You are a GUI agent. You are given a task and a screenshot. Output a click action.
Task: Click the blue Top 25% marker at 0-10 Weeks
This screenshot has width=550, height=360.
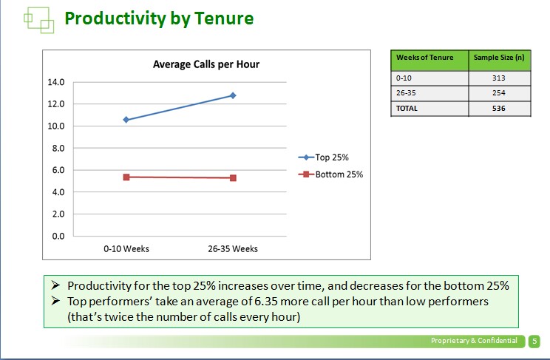click(x=126, y=120)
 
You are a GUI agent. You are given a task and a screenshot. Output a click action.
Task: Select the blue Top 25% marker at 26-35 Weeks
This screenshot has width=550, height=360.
click(x=233, y=95)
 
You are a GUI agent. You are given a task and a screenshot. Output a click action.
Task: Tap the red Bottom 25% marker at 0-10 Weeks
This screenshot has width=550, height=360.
click(x=126, y=177)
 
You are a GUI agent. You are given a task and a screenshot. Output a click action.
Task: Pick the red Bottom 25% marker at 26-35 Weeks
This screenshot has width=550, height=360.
click(x=233, y=178)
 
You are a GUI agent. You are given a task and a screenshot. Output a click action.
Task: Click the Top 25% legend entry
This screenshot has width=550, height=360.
click(x=323, y=157)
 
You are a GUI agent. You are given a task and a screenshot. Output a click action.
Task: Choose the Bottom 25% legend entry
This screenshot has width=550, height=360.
click(x=330, y=174)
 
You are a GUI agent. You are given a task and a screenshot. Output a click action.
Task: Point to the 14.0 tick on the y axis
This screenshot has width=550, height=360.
click(x=56, y=82)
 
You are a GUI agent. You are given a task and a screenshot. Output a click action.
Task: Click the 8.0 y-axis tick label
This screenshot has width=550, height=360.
click(x=58, y=148)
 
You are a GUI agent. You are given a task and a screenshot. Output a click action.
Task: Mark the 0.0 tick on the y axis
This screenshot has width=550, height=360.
click(x=58, y=236)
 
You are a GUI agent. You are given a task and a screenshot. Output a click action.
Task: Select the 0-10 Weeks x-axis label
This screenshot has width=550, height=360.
click(x=126, y=249)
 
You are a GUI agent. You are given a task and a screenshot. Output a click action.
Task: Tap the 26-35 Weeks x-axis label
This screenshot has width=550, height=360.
click(x=233, y=249)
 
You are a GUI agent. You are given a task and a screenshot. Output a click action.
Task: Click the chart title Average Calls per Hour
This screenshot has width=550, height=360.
click(x=206, y=64)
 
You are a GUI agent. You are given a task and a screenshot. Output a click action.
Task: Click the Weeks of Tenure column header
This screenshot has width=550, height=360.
click(x=425, y=57)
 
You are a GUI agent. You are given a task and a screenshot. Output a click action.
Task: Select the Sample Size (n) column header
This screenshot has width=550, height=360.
click(x=499, y=57)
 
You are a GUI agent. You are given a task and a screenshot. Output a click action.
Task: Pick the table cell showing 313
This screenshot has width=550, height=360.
click(x=499, y=78)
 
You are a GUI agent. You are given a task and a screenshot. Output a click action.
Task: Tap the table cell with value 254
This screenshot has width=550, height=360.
click(x=499, y=93)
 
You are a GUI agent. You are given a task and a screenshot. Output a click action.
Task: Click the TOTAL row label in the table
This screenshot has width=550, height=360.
click(x=407, y=109)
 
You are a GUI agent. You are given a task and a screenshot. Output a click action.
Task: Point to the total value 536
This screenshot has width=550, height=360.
click(x=499, y=109)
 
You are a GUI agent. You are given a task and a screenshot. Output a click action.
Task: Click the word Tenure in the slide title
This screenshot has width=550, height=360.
click(x=224, y=18)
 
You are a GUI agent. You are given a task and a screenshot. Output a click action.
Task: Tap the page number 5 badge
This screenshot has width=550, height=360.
click(x=534, y=341)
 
